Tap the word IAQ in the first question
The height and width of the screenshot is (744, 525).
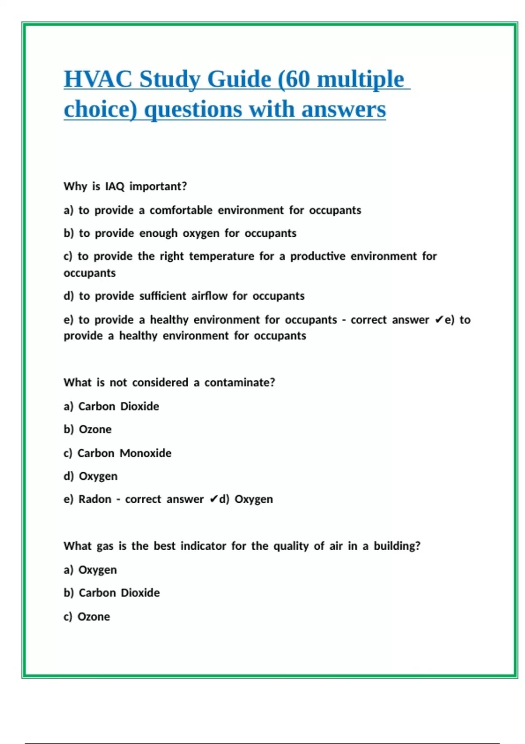tap(115, 186)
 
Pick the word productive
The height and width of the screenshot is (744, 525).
tap(318, 256)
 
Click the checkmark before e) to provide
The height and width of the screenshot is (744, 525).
tap(439, 320)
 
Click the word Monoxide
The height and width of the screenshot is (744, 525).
tap(146, 453)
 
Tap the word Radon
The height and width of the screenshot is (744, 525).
tap(95, 499)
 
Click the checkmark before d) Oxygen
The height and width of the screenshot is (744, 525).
tap(213, 499)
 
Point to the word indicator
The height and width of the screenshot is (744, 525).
tap(203, 546)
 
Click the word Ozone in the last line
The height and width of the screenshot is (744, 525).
tap(94, 617)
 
